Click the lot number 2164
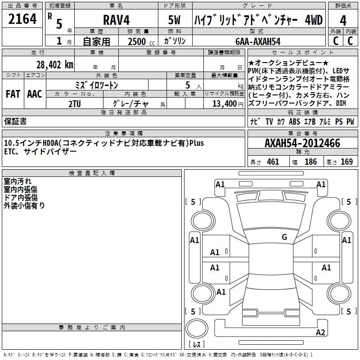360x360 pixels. [22, 19]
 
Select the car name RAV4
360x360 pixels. [116, 20]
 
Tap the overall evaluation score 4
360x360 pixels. [343, 20]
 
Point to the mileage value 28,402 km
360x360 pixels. [55, 65]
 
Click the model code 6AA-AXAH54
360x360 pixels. [258, 41]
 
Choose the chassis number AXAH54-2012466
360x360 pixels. [302, 143]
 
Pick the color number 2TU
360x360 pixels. [75, 104]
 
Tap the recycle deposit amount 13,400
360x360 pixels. [224, 104]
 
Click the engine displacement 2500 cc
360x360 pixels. [141, 41]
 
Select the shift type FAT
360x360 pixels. [13, 94]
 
